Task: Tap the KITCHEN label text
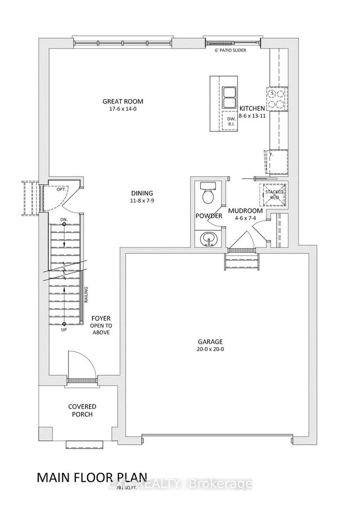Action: [x=252, y=108]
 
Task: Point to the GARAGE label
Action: [x=210, y=342]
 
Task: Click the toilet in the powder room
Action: [x=207, y=195]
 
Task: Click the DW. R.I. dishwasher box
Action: [x=229, y=122]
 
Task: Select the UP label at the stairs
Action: [x=65, y=331]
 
